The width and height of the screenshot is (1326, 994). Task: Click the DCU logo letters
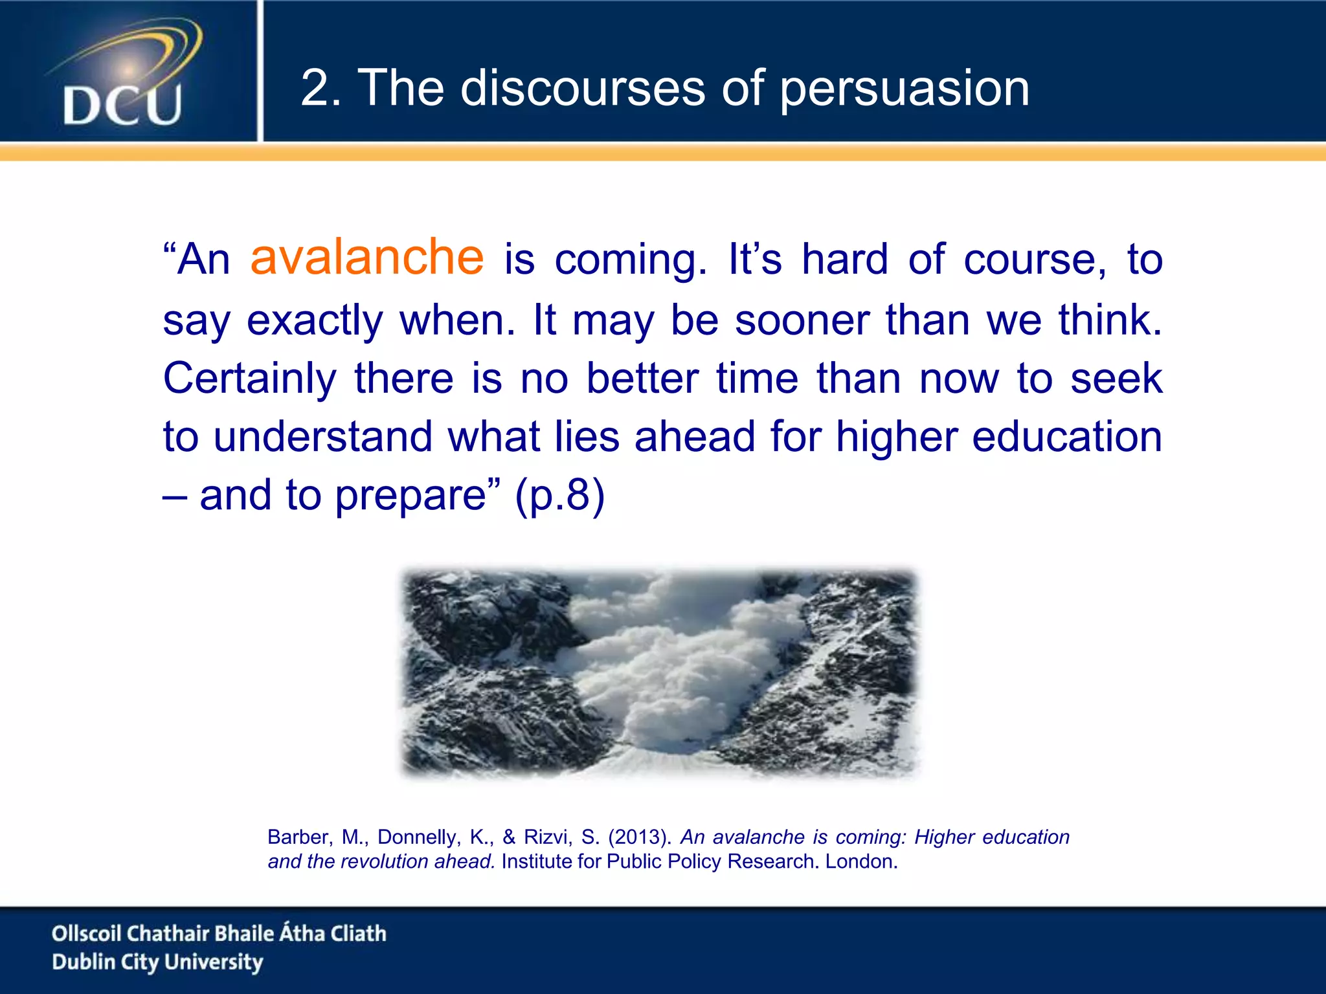click(x=122, y=105)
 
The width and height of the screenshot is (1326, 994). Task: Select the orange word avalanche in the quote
click(x=367, y=258)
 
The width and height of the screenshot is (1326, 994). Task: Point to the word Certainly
click(x=249, y=379)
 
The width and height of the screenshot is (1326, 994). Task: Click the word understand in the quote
click(x=322, y=437)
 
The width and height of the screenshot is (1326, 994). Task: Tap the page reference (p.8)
click(x=559, y=496)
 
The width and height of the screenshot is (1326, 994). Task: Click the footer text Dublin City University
click(x=157, y=962)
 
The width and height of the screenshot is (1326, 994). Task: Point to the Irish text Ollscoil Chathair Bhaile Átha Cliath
click(x=219, y=933)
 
